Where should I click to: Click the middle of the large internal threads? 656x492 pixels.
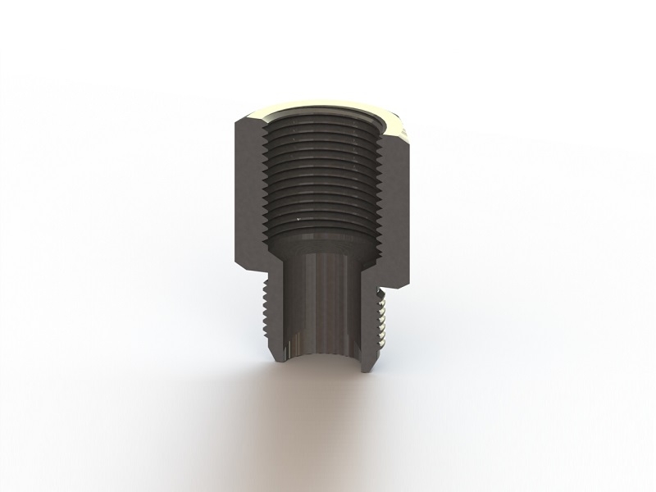(x=323, y=176)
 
